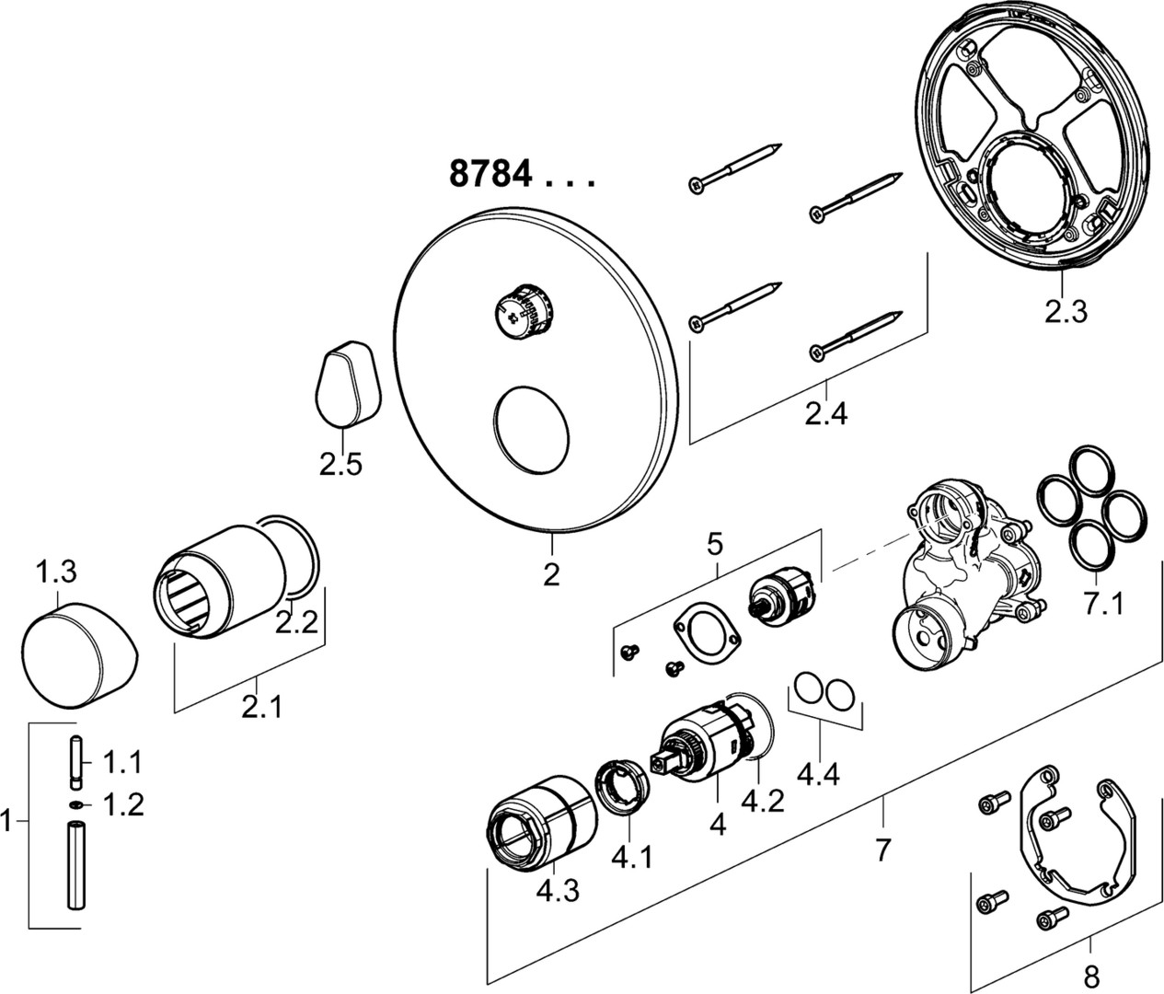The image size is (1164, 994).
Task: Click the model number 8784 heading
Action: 490,174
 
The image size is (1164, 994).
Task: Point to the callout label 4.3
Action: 557,890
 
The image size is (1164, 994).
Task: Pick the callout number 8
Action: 1091,974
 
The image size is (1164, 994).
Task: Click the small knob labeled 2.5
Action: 345,382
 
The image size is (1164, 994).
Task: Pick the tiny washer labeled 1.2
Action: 75,805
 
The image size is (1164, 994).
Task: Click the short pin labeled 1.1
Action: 75,763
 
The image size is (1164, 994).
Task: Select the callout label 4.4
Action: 818,775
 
